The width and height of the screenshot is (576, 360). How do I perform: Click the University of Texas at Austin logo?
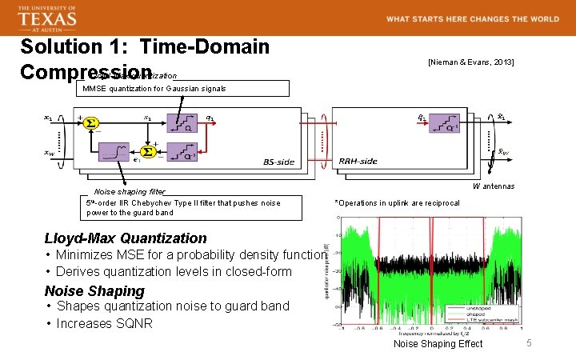(47, 17)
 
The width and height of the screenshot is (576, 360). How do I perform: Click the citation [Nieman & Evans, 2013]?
(470, 62)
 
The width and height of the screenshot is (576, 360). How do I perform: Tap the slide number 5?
(528, 343)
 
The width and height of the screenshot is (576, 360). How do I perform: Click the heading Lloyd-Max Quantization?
(126, 238)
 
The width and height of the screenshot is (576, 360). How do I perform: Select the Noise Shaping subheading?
(94, 290)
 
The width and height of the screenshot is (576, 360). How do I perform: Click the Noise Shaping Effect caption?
(438, 344)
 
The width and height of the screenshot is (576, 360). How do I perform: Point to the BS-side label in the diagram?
(279, 162)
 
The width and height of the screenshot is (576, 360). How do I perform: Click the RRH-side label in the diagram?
(358, 162)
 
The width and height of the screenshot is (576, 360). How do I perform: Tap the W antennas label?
(493, 186)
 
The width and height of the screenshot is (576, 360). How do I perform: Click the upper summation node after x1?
(90, 123)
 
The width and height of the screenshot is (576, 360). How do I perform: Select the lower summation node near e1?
(147, 151)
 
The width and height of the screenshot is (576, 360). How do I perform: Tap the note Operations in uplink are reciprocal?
(397, 203)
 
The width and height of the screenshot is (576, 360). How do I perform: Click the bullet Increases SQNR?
(101, 323)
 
